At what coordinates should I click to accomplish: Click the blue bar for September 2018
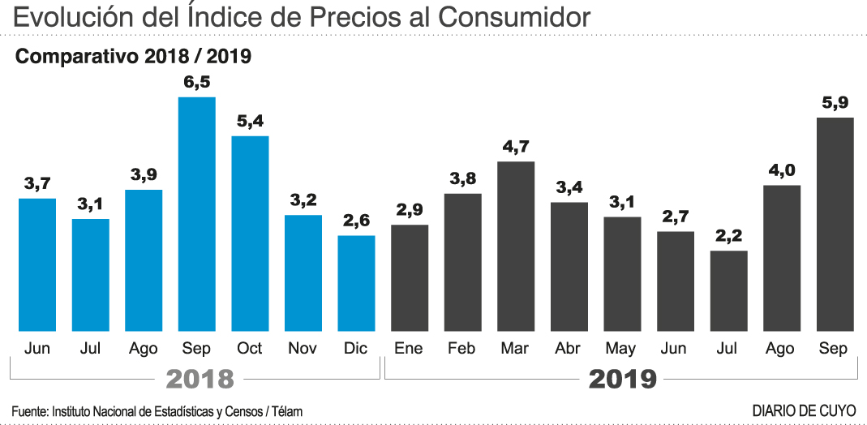pos(197,214)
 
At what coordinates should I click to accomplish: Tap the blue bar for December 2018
pos(356,283)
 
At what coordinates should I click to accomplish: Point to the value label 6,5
pos(197,83)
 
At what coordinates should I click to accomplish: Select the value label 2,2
pos(728,237)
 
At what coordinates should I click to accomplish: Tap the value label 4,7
pos(516,147)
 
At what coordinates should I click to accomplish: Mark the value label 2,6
pos(356,221)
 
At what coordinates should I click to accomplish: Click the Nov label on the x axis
pos(303,349)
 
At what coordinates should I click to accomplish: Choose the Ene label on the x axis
pos(409,349)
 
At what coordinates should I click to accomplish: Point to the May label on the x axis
pos(621,350)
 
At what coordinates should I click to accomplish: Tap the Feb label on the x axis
pos(461,349)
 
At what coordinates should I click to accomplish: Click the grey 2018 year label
pos(200,379)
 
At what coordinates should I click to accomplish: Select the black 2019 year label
pos(622,379)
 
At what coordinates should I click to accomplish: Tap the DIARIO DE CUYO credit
pos(804,411)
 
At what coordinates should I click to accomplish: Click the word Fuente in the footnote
pos(29,412)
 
